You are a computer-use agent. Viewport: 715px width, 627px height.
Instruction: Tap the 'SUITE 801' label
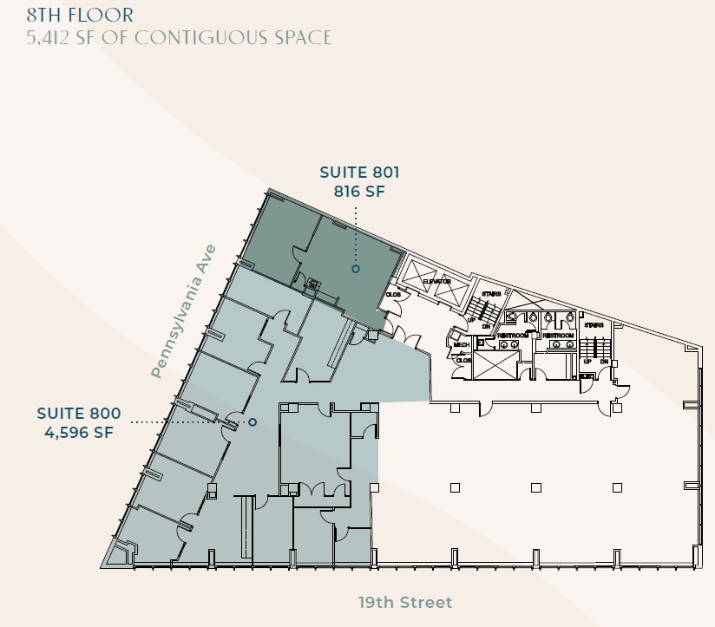pyautogui.click(x=359, y=173)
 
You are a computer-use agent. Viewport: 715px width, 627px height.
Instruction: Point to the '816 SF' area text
pyautogui.click(x=359, y=192)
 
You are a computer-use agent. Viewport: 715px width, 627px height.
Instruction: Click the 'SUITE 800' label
pyautogui.click(x=79, y=414)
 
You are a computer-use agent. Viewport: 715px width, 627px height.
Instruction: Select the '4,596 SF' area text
pyautogui.click(x=79, y=432)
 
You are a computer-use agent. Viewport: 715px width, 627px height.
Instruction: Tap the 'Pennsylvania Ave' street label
pyautogui.click(x=182, y=311)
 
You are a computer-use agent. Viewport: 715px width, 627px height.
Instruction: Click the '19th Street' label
pyautogui.click(x=405, y=602)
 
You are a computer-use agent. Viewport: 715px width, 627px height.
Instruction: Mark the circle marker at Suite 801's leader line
pyautogui.click(x=356, y=269)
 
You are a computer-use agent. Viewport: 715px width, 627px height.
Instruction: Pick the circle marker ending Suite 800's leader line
pyautogui.click(x=253, y=422)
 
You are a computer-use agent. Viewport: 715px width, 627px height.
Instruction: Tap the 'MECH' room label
pyautogui.click(x=462, y=344)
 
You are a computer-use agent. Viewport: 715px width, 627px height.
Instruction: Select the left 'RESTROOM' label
pyautogui.click(x=513, y=335)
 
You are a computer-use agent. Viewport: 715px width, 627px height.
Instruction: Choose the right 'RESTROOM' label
pyautogui.click(x=558, y=335)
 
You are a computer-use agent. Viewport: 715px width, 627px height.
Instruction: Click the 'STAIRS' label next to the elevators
pyautogui.click(x=491, y=295)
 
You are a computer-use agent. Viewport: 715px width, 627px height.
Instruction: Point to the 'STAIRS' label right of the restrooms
pyautogui.click(x=594, y=325)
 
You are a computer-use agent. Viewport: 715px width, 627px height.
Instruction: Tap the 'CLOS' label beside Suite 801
pyautogui.click(x=393, y=295)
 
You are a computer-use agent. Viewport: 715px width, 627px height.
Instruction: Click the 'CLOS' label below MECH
pyautogui.click(x=463, y=360)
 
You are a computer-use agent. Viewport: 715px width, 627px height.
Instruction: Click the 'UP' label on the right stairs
pyautogui.click(x=587, y=361)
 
